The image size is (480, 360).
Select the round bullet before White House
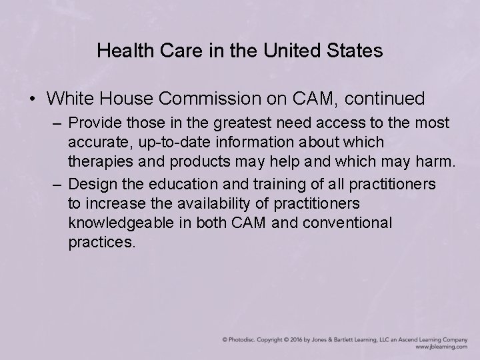click(x=32, y=99)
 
